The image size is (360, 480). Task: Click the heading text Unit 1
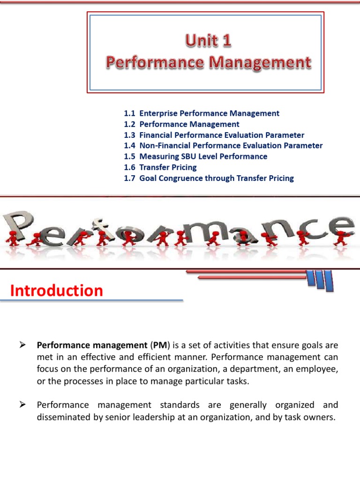pyautogui.click(x=208, y=42)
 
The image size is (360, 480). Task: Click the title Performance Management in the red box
pyautogui.click(x=208, y=62)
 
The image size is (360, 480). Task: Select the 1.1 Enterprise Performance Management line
pyautogui.click(x=202, y=113)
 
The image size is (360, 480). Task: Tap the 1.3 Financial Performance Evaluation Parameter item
pyautogui.click(x=214, y=135)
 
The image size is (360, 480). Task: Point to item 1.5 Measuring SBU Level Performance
pyautogui.click(x=195, y=157)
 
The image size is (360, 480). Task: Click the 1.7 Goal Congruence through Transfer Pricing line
pyautogui.click(x=209, y=178)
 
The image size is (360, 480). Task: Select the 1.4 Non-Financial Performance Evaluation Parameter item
pyautogui.click(x=223, y=146)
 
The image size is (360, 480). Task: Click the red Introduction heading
pyautogui.click(x=56, y=291)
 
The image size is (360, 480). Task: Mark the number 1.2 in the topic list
pyautogui.click(x=129, y=124)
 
